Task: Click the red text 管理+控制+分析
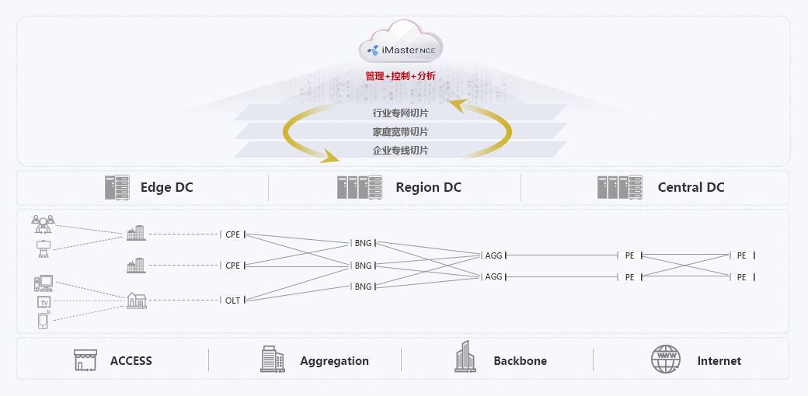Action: click(x=401, y=76)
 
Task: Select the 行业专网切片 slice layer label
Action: click(x=400, y=113)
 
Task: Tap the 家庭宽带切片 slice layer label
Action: click(x=400, y=132)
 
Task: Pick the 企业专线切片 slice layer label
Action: click(x=400, y=151)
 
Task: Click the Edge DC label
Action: click(x=166, y=187)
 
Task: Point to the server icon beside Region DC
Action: click(x=360, y=187)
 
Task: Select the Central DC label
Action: click(x=691, y=187)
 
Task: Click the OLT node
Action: click(x=233, y=300)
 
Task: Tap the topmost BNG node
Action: click(x=363, y=243)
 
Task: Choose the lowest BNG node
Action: click(x=363, y=287)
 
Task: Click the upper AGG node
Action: click(x=493, y=255)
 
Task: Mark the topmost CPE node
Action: click(x=233, y=234)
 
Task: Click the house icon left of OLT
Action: click(x=136, y=300)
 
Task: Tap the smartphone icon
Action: click(x=44, y=320)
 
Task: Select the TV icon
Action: click(x=44, y=301)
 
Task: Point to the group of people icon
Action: click(x=43, y=224)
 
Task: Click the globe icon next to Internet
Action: click(x=665, y=360)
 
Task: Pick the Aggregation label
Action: click(x=334, y=361)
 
